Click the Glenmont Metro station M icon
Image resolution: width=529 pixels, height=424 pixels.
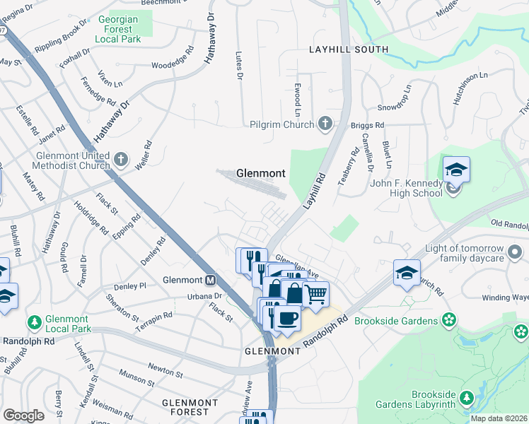click(210, 279)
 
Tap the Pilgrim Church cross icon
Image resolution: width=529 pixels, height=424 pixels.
click(325, 125)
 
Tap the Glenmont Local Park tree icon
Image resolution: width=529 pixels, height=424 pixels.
click(34, 323)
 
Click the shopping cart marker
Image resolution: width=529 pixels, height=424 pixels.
click(316, 293)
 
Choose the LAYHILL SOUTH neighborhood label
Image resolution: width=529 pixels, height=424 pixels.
click(349, 49)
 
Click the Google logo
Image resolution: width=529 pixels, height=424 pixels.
click(23, 416)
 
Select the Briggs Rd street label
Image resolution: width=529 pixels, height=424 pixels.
click(367, 125)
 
